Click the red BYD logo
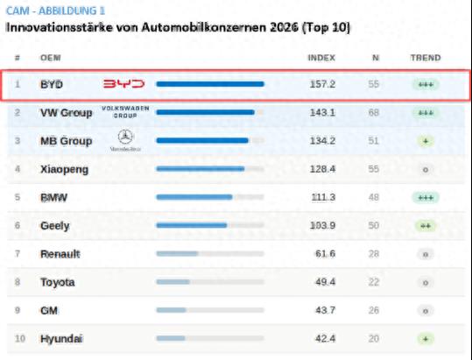tap(123, 84)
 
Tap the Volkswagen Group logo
tap(125, 111)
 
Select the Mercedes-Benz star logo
tap(125, 139)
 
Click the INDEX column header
tap(321, 58)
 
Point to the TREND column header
tap(426, 58)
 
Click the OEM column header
tap(50, 58)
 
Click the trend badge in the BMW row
tap(426, 197)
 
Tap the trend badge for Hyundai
tap(426, 338)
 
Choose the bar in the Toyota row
tap(173, 282)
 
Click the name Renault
tap(60, 254)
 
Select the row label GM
tap(49, 310)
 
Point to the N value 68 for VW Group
tap(375, 112)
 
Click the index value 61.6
tap(325, 254)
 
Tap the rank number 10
tap(19, 338)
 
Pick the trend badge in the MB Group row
tap(426, 140)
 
